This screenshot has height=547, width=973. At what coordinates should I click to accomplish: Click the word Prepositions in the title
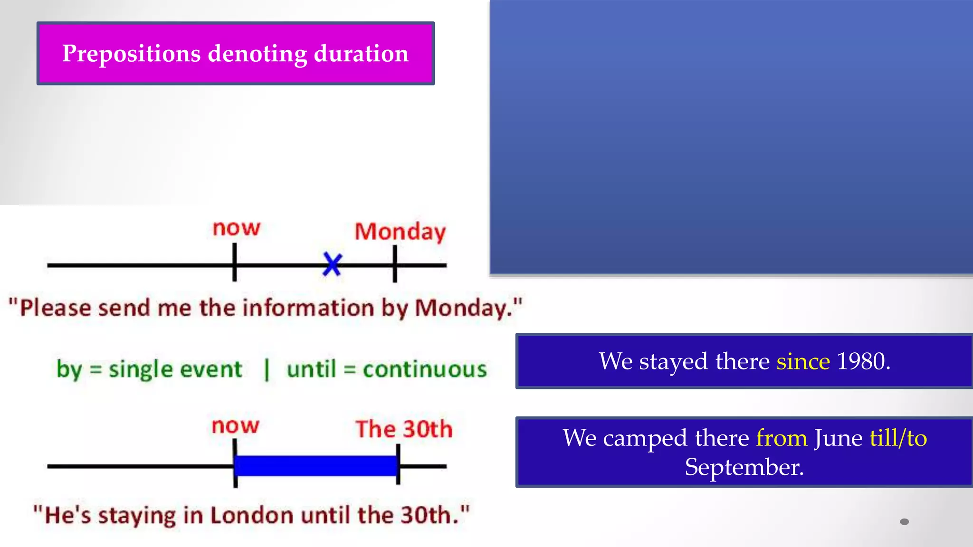coord(131,53)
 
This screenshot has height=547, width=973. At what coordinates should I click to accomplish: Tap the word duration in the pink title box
coord(361,53)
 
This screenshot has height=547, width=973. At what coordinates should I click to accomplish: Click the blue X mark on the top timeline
coord(332,264)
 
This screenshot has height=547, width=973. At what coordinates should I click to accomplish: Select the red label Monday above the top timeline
coord(400,232)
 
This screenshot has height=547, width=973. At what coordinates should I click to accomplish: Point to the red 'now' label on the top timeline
coord(236,228)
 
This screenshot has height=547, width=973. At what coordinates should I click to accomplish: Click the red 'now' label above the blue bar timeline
coord(235,426)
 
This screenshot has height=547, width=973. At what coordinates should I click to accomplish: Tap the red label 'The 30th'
coord(404,429)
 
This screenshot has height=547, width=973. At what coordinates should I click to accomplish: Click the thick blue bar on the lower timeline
coord(316,466)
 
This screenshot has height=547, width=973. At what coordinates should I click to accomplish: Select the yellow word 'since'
coord(803,361)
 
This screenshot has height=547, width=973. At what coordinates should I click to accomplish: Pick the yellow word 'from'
coord(782,438)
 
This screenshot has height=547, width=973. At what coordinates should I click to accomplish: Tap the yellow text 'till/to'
coord(898,438)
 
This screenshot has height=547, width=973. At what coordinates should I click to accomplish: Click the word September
coord(744,467)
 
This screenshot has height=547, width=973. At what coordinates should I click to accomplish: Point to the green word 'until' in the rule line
coord(311,369)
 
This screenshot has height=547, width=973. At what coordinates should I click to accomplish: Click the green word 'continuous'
coord(425,369)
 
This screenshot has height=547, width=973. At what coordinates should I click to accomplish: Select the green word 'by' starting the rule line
coord(69,369)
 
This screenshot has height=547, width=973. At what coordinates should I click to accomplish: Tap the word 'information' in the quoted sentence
coord(308,308)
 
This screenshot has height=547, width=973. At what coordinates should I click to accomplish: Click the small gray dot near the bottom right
coord(904,522)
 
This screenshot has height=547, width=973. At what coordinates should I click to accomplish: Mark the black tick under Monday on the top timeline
coord(395,264)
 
